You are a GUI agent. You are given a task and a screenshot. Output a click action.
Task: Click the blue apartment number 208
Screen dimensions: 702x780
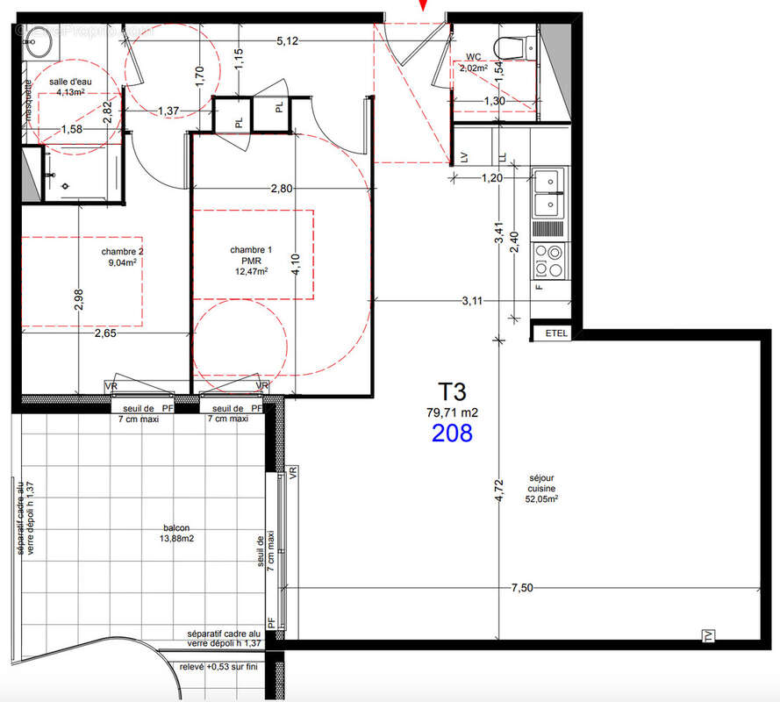coord(452,433)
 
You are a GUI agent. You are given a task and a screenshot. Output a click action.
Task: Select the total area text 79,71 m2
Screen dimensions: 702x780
coord(452,412)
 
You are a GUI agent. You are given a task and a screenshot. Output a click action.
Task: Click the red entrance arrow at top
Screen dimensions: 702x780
coord(424,6)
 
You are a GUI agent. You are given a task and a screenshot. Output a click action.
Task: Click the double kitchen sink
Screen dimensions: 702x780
coord(549,193)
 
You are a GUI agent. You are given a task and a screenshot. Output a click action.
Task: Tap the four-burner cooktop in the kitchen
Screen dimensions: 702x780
coord(550,257)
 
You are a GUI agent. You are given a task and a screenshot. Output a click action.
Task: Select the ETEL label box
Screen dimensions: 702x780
coord(556,333)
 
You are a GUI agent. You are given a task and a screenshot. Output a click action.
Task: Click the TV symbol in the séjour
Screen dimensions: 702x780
coord(707,634)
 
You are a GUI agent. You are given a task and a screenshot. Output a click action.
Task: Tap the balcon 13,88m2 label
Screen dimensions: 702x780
coord(176,533)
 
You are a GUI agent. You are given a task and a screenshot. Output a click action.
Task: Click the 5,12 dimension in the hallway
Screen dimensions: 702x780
coord(288,40)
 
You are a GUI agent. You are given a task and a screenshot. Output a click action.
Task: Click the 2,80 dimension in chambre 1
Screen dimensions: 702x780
coord(281,188)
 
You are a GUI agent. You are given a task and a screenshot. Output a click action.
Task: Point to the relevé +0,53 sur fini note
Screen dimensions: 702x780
coord(223,667)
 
